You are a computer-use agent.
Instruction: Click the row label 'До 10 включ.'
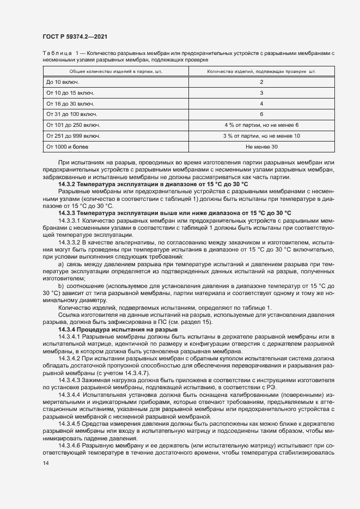coord(63,82)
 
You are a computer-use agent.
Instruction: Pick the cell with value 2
coord(261,82)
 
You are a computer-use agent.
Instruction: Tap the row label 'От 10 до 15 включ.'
coord(71,93)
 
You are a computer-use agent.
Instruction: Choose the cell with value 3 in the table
coord(261,93)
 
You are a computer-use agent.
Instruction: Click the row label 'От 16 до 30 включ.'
coord(71,103)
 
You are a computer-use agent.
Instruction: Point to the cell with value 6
coord(261,114)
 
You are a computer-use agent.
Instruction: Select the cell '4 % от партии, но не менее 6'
coord(261,125)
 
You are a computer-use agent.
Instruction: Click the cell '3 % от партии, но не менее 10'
coord(261,136)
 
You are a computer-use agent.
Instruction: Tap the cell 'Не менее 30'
coord(261,147)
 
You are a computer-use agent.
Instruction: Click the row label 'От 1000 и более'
coord(68,147)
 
